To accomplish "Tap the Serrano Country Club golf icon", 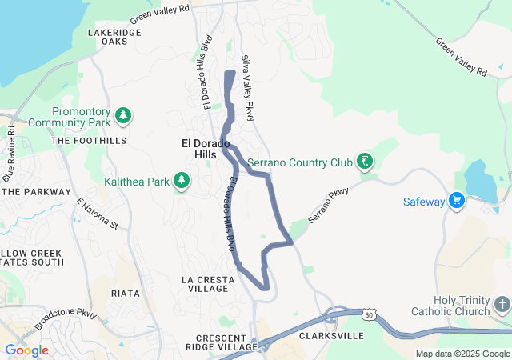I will point(364,162).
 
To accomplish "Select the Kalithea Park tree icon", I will point(182,181).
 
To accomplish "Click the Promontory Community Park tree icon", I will point(122,116).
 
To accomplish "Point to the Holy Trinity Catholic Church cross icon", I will point(501,305).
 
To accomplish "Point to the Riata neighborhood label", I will point(126,294).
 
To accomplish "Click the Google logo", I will point(26,350).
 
